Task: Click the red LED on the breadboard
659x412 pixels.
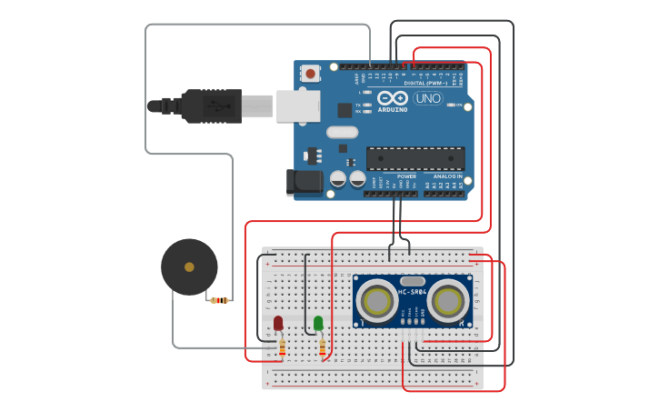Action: (278, 323)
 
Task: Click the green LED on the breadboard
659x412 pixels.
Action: (318, 323)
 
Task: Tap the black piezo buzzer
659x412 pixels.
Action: (189, 267)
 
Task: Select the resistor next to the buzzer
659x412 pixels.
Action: (219, 300)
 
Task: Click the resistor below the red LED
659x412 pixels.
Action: (281, 347)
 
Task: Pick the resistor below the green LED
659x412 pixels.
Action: (322, 347)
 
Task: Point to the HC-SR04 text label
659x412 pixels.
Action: (412, 291)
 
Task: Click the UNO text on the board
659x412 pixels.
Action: (427, 98)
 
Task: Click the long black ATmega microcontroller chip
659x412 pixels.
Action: (415, 158)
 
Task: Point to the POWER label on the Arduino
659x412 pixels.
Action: (406, 176)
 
